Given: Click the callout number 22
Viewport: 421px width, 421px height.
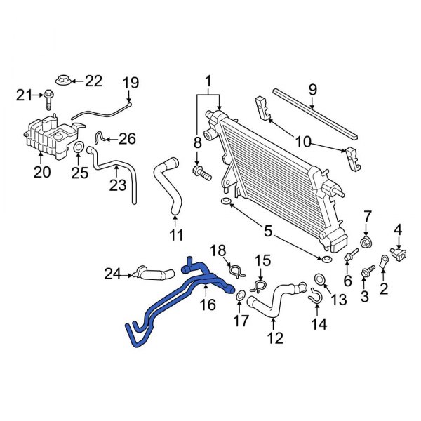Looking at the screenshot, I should (94, 81).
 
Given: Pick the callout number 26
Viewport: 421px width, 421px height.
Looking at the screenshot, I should (126, 138).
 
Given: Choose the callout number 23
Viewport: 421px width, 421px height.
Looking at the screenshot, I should (116, 185).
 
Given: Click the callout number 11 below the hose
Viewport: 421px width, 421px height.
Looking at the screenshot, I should (176, 234).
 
